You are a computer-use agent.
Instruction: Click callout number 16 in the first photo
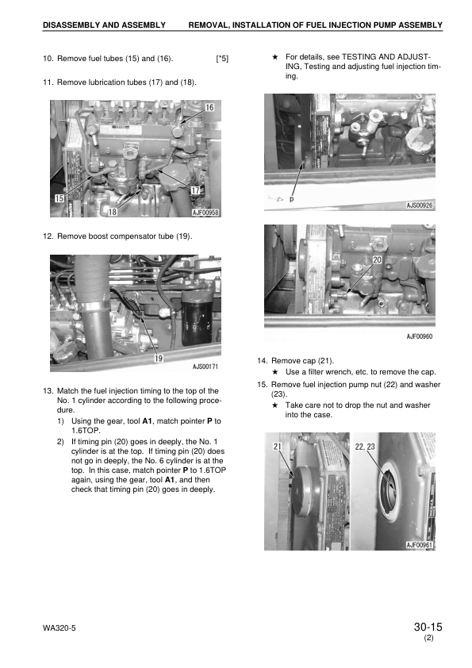point(210,107)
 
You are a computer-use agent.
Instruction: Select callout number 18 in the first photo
point(112,212)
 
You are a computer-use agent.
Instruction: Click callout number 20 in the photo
point(377,259)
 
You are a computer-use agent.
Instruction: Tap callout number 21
point(278,447)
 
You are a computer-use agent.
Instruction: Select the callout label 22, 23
point(366,447)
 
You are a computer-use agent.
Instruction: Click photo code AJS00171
point(205,367)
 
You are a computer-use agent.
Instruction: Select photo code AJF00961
point(420,545)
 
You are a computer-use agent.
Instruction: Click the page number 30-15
point(427,628)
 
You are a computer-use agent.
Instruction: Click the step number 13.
point(47,390)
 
